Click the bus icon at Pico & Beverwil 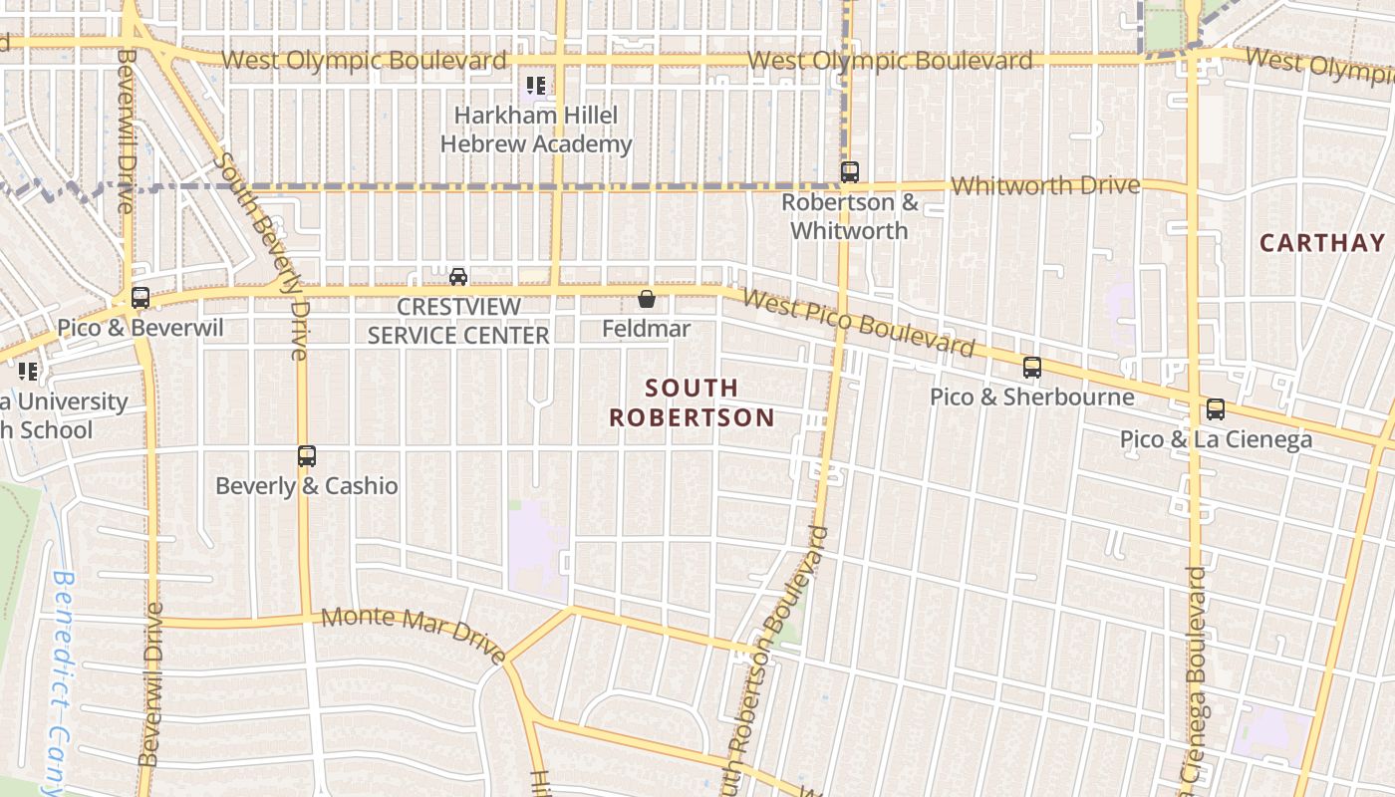click(140, 297)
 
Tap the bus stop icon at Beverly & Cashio click(307, 456)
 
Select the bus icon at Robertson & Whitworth click(849, 172)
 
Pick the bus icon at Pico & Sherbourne click(1032, 367)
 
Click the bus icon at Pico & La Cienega click(1215, 408)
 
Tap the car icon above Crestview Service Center click(458, 276)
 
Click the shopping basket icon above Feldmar click(647, 298)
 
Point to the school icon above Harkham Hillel click(536, 86)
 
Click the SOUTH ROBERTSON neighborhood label click(692, 402)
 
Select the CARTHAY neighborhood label click(1322, 243)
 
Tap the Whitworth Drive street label click(1045, 186)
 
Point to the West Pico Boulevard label click(858, 323)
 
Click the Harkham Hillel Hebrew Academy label click(536, 130)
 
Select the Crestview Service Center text click(458, 320)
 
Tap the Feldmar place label click(647, 328)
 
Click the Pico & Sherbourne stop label click(1031, 397)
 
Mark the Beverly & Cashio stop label click(307, 486)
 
